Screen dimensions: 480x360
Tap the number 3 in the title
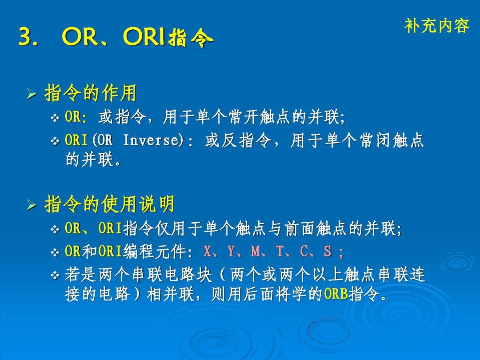tap(26, 37)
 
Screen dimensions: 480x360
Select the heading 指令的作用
tap(90, 93)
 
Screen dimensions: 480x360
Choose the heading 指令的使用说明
tap(109, 204)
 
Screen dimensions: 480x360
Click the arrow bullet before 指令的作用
tap(32, 94)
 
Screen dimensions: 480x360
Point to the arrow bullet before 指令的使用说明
tap(32, 205)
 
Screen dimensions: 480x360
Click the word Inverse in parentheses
tap(151, 140)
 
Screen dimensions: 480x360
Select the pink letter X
tap(207, 251)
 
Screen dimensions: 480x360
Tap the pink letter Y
tap(231, 251)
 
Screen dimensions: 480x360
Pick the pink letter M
tap(255, 251)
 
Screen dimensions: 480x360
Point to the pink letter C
tap(304, 251)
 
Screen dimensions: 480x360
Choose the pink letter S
tap(328, 251)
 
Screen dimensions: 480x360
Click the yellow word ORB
tap(336, 294)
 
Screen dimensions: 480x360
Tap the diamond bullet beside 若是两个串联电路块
tap(55, 276)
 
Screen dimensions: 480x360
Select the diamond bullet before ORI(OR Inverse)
tap(55, 141)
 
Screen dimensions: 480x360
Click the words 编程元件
tap(155, 251)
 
